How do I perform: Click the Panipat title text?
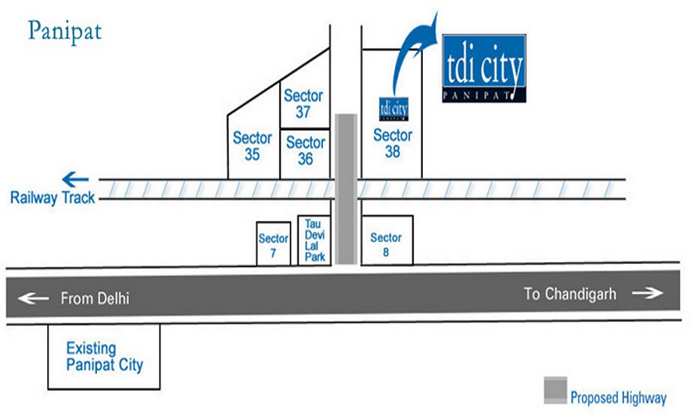click(x=64, y=32)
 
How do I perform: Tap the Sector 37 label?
click(x=304, y=103)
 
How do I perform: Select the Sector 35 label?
click(x=252, y=146)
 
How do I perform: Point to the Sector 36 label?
click(x=306, y=150)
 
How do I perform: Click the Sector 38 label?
click(x=392, y=144)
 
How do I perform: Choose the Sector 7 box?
click(x=274, y=243)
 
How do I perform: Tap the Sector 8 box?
click(x=387, y=241)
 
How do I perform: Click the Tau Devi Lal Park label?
click(x=315, y=241)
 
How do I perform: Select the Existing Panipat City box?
click(x=104, y=357)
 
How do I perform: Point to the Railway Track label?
click(x=53, y=198)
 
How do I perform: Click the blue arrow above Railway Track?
click(x=75, y=180)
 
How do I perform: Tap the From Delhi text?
click(x=95, y=298)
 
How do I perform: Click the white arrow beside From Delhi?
click(x=33, y=298)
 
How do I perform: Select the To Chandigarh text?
click(x=570, y=294)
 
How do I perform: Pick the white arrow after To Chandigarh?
click(x=647, y=293)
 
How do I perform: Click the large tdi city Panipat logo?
click(x=484, y=68)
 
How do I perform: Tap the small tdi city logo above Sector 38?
click(x=394, y=109)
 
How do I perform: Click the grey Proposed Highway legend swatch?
click(x=556, y=390)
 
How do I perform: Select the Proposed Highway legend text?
click(x=618, y=397)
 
